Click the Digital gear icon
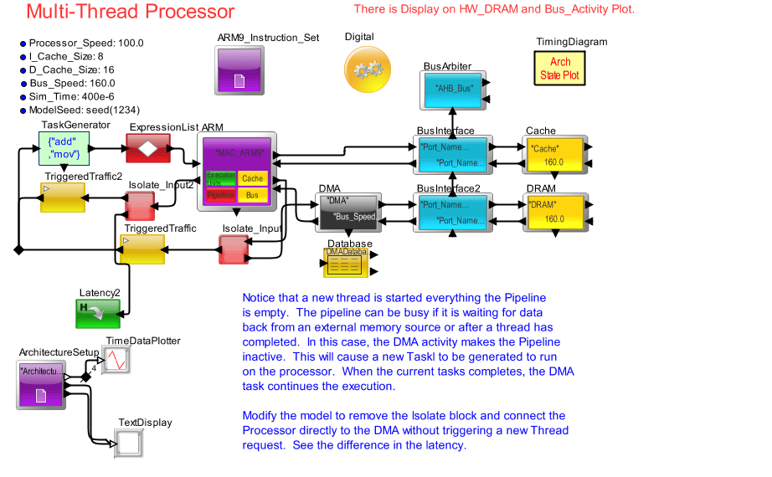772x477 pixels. click(368, 70)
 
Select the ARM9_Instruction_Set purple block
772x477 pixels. click(239, 69)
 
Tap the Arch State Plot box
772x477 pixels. click(560, 69)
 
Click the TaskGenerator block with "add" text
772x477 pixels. click(64, 148)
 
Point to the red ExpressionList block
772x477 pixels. click(147, 148)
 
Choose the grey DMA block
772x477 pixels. click(348, 212)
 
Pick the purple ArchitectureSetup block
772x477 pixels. click(41, 385)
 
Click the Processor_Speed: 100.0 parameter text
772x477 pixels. click(86, 43)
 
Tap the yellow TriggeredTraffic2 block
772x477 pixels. click(63, 198)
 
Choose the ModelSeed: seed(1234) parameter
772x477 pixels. click(84, 110)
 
